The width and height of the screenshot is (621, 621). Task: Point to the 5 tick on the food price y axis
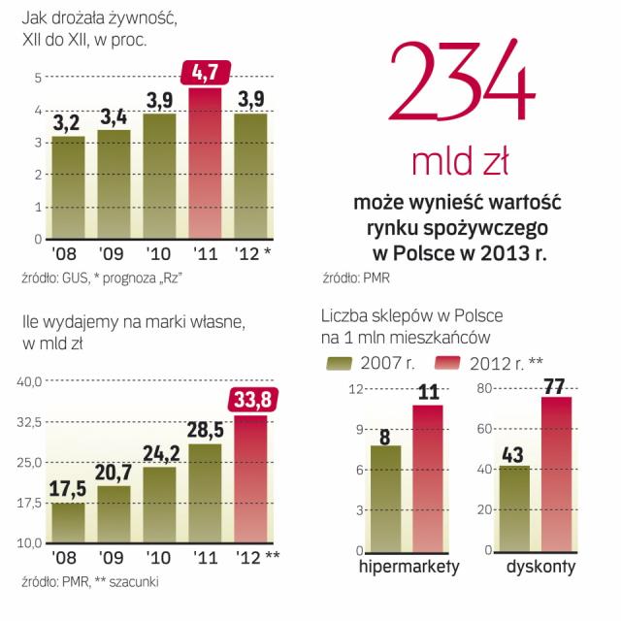pyautogui.click(x=37, y=78)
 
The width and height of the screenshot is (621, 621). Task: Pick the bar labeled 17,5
pyautogui.click(x=67, y=524)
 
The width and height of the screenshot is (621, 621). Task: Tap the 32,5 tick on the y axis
pyautogui.click(x=29, y=422)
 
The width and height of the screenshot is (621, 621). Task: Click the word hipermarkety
pyautogui.click(x=409, y=567)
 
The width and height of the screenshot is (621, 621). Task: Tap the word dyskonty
pyautogui.click(x=541, y=567)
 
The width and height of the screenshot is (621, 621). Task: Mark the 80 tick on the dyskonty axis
pyautogui.click(x=487, y=389)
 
